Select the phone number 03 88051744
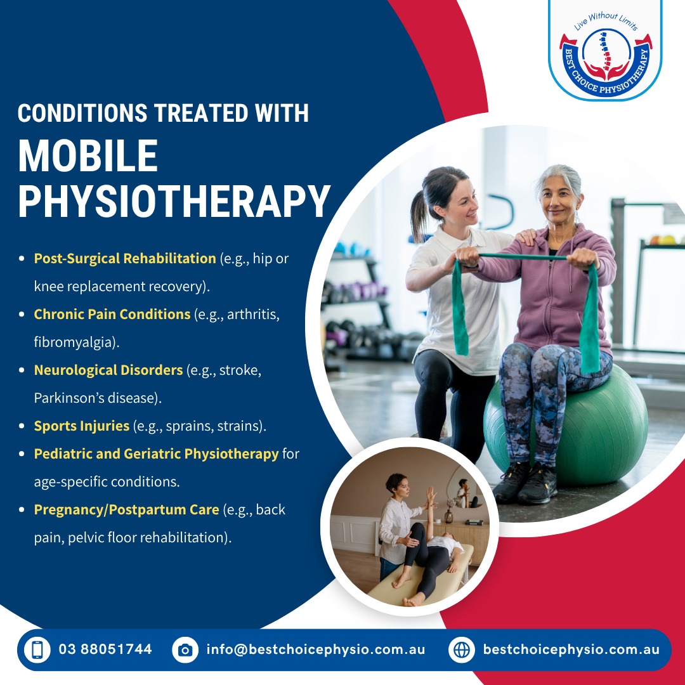point(105,649)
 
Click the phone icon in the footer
point(37,649)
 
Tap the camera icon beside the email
point(185,649)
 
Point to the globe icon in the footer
point(462,649)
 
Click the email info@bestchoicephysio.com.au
point(316,649)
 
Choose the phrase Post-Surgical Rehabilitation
point(125,258)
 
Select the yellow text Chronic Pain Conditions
point(112,314)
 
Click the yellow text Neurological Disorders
point(108,370)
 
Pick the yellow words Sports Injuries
point(82,426)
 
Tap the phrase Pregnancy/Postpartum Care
point(127,509)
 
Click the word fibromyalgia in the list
point(75,342)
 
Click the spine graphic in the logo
point(606,52)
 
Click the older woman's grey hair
point(561,178)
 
